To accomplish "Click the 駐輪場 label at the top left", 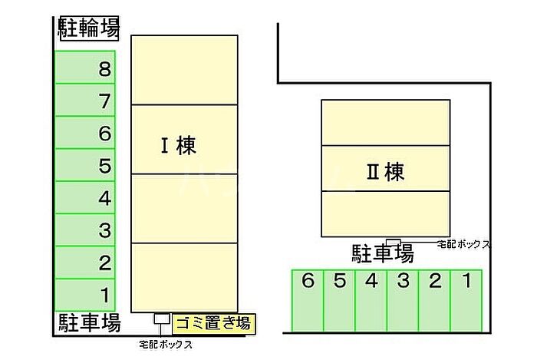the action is pos(89,29).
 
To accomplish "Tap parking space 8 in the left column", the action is pos(85,68).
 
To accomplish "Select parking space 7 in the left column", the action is pos(85,101).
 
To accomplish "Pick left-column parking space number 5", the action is pos(85,165).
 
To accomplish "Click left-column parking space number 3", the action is pos(85,230).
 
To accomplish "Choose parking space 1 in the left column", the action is pos(85,294).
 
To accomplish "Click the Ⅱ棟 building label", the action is pos(384,172).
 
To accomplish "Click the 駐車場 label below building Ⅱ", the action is pos(382,253).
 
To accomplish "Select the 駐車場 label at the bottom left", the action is pos(89,323).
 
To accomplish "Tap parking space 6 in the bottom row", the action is pos(308,299).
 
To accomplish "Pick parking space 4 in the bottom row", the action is pos(371,299).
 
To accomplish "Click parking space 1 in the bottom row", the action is pos(466,299).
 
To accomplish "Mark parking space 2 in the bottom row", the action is pos(434,299).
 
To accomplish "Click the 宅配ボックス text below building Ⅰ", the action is pos(165,345).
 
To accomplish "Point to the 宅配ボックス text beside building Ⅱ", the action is pos(463,244).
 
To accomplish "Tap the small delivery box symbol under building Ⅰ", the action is pos(161,318).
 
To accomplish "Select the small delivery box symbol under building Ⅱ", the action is pos(393,243).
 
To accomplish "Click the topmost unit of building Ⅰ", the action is pos(183,69).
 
